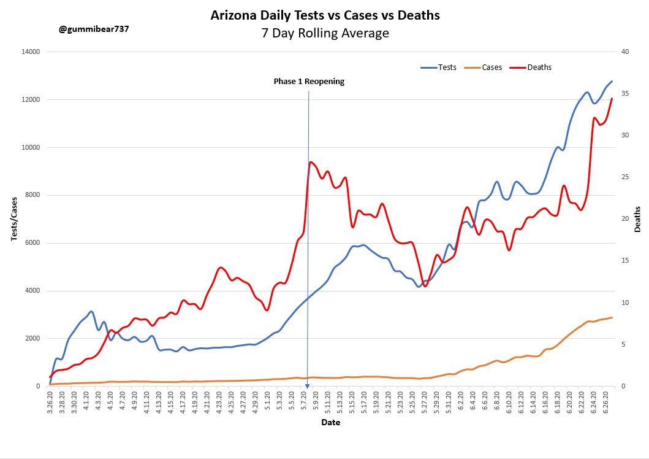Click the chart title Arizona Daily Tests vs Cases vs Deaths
coord(325,15)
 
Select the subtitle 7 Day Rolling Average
coord(325,33)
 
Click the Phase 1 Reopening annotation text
coord(309,81)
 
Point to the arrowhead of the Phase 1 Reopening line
coord(307,387)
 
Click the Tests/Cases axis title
coord(13,219)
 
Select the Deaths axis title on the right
coord(637,219)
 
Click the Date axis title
coord(330,422)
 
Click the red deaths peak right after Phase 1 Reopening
coord(311,162)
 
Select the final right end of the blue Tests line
coord(612,81)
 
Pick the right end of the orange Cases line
coord(612,317)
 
